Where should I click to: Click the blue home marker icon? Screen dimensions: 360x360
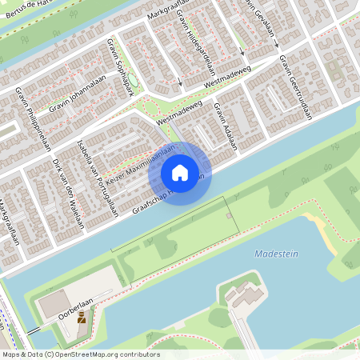180,173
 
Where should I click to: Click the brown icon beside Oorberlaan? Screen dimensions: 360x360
82,318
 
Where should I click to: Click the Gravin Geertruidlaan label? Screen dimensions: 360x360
295,90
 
